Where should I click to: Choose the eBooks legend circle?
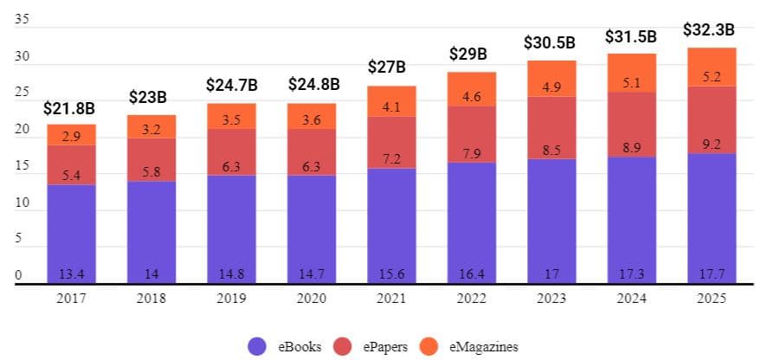[258, 345]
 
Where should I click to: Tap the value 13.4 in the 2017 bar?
[70, 274]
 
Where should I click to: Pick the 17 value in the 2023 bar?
[551, 274]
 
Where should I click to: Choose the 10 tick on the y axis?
[22, 203]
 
